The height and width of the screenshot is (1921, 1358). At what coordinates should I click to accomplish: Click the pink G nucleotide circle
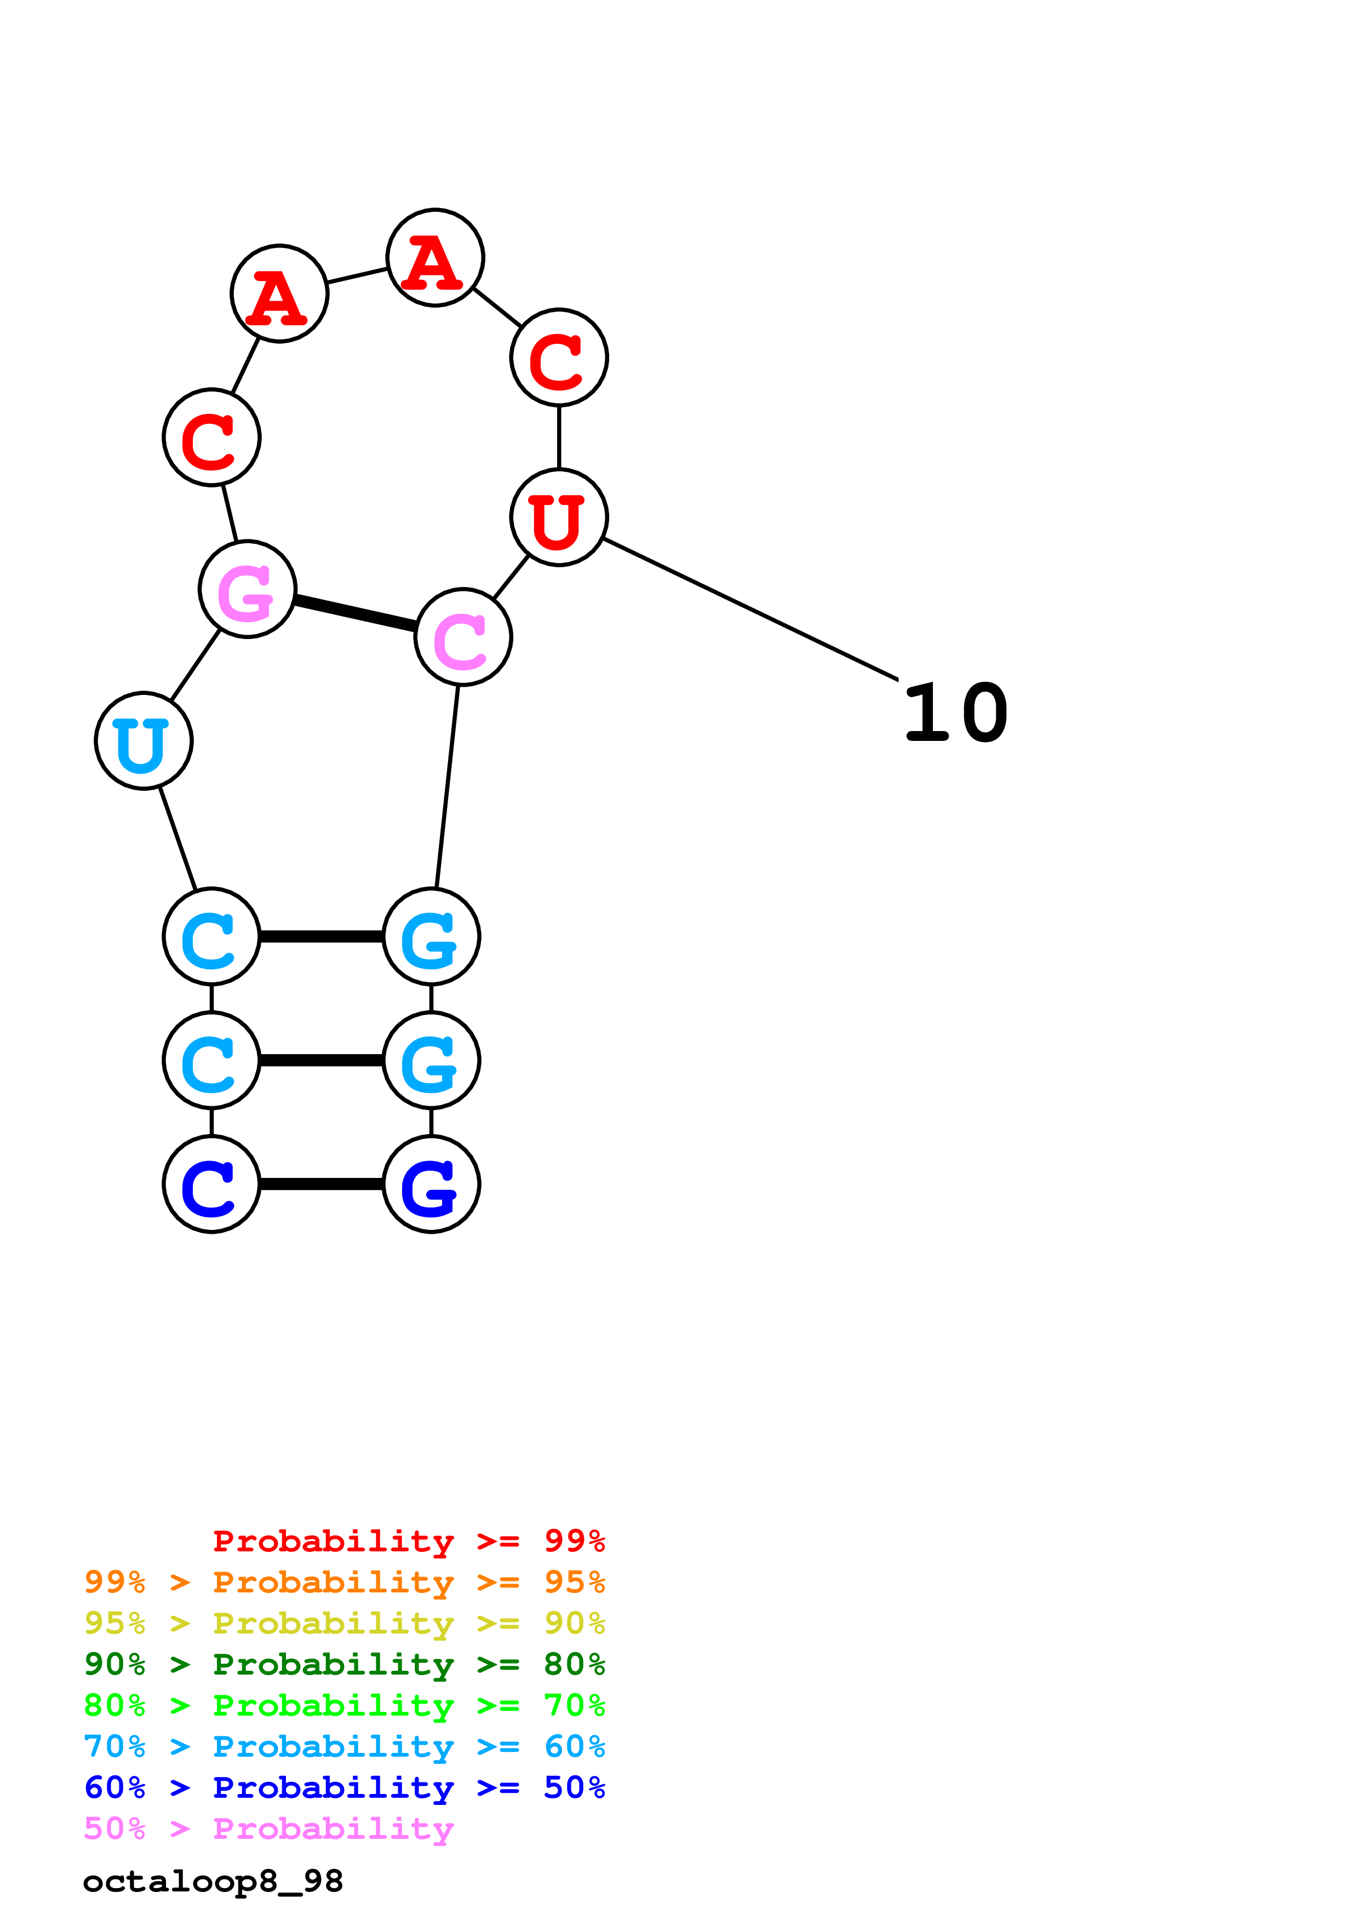click(247, 589)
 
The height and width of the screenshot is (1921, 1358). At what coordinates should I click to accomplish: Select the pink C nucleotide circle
click(463, 637)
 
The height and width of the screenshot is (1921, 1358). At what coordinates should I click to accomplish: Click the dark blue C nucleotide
click(211, 1184)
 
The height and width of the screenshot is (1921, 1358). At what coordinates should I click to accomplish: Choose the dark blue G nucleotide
click(431, 1184)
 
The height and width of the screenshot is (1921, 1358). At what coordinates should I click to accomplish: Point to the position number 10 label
click(955, 713)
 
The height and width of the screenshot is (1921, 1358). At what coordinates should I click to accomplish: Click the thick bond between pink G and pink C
click(355, 613)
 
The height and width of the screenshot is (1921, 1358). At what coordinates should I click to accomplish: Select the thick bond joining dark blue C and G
click(322, 1184)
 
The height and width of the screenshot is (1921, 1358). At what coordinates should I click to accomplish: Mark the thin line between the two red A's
click(357, 275)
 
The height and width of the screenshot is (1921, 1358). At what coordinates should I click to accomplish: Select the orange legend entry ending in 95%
click(344, 1582)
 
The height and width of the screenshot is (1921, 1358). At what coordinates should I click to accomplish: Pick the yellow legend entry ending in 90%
click(344, 1623)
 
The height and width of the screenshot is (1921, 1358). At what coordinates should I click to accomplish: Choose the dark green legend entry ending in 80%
click(344, 1664)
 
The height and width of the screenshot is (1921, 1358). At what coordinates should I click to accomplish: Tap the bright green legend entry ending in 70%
click(344, 1705)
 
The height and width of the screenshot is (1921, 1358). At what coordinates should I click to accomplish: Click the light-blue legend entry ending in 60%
click(344, 1746)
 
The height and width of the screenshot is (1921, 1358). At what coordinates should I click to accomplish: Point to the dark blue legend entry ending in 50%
click(344, 1787)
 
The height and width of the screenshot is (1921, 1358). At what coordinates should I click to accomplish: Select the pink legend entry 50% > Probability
click(268, 1828)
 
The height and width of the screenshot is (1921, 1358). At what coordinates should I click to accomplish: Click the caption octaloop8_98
click(213, 1882)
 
